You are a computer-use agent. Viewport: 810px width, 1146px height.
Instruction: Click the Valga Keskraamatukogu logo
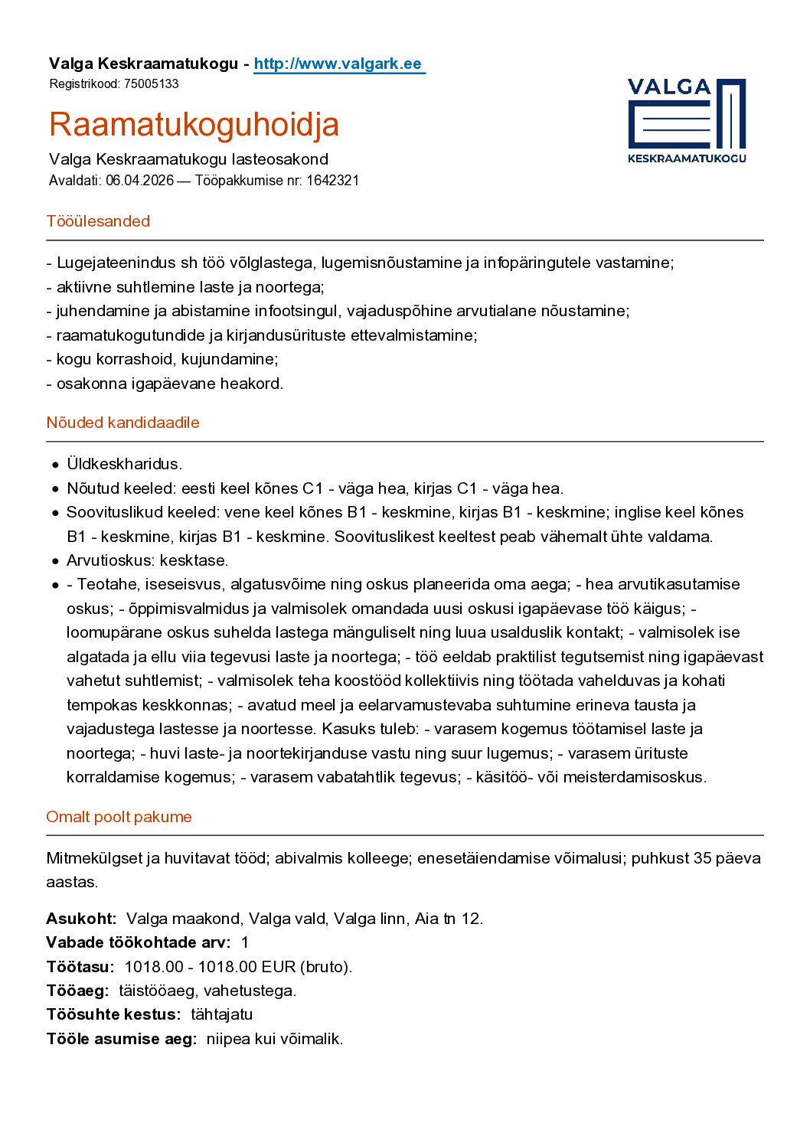(x=686, y=120)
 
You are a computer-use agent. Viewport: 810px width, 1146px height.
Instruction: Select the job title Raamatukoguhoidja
(x=194, y=125)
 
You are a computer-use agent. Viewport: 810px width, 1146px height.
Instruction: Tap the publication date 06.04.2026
(x=139, y=181)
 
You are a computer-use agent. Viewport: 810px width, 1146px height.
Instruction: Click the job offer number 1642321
(x=332, y=181)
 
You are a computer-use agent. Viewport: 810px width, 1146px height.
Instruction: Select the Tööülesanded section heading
(x=98, y=221)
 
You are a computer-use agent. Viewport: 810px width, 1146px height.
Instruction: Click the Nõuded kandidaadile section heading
(x=122, y=423)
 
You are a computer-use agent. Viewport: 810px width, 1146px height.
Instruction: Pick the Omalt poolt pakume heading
(x=119, y=817)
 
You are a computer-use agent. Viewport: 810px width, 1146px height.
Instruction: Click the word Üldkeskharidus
(x=124, y=464)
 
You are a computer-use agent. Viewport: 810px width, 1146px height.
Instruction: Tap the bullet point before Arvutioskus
(x=55, y=561)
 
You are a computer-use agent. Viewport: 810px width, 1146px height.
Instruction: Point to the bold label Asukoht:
(x=81, y=919)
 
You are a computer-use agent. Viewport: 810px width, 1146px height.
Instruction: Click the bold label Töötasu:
(x=80, y=967)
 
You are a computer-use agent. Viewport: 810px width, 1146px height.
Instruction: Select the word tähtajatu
(x=221, y=1014)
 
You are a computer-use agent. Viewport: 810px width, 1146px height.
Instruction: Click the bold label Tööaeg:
(x=77, y=991)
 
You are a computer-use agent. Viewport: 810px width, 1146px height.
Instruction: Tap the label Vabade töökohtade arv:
(x=138, y=942)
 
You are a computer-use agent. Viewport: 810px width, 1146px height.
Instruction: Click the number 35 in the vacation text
(x=702, y=858)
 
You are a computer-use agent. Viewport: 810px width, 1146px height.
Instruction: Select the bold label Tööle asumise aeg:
(x=121, y=1039)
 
